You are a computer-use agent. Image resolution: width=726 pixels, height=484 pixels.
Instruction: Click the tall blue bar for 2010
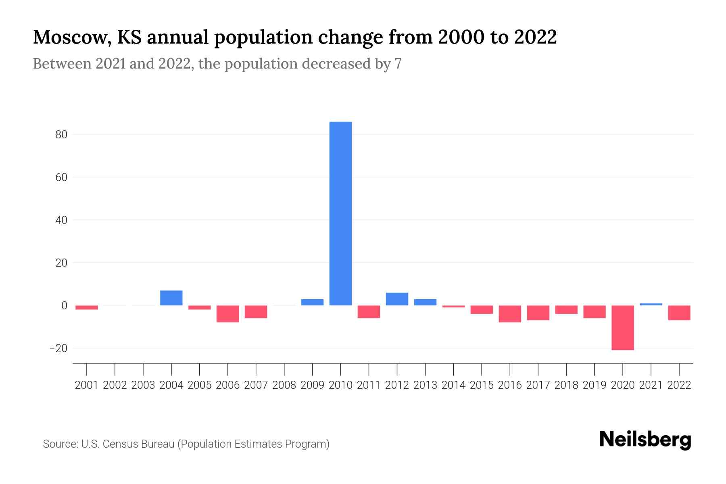click(340, 214)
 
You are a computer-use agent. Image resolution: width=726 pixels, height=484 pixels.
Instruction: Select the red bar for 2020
click(623, 328)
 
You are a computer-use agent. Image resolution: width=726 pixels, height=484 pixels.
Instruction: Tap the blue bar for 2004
click(171, 298)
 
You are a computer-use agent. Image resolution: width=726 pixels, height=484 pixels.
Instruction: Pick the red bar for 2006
click(227, 314)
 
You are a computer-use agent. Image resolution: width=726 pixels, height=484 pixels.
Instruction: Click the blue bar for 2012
click(397, 299)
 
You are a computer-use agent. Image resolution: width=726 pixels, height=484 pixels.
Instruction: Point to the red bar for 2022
click(679, 313)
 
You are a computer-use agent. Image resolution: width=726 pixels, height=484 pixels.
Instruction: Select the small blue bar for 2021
click(651, 304)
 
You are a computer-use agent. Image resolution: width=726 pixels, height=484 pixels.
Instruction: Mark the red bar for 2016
click(510, 314)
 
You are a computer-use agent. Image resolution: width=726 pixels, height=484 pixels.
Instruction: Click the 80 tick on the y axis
click(61, 135)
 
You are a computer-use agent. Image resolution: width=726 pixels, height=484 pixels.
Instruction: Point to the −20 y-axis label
click(58, 348)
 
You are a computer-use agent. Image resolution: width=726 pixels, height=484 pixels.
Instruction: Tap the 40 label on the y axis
click(61, 220)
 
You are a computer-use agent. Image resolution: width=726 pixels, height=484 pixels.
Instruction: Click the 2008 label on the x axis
click(284, 385)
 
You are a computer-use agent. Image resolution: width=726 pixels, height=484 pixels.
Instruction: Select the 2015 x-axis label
click(482, 385)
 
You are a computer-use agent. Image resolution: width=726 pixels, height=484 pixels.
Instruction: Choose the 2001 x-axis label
click(87, 385)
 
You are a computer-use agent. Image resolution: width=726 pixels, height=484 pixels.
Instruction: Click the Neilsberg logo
click(645, 440)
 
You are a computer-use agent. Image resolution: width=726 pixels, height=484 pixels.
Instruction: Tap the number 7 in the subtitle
click(398, 64)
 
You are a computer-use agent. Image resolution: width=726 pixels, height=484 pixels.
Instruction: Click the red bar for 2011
click(369, 312)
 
